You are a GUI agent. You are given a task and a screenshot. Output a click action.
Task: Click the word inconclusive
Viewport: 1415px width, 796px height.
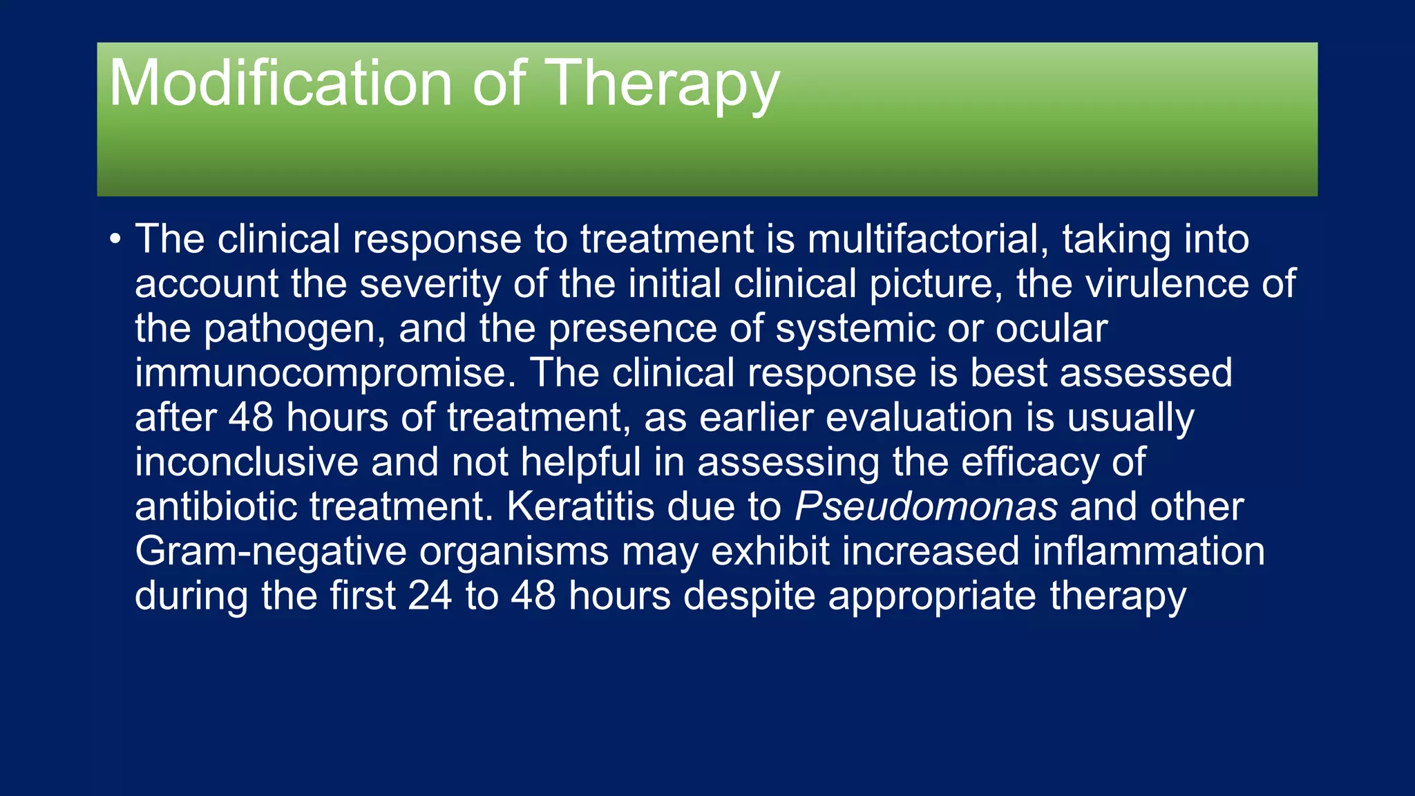[x=247, y=462]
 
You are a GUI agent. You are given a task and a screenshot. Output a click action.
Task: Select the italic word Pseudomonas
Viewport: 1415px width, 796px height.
[x=926, y=507]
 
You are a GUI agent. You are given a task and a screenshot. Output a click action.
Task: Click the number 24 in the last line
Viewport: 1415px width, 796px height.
[x=430, y=596]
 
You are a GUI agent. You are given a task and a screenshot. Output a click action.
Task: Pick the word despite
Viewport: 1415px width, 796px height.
[x=749, y=596]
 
